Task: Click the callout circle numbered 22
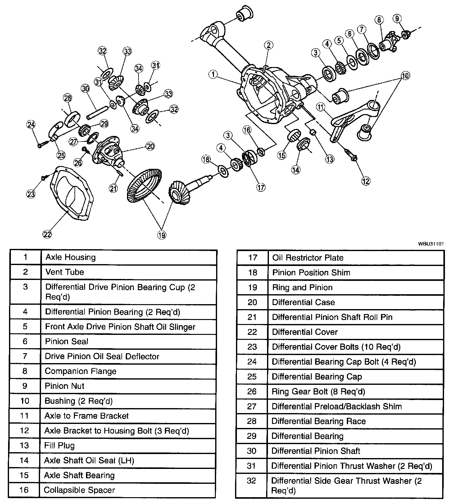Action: click(x=47, y=234)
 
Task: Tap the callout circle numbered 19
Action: click(x=161, y=235)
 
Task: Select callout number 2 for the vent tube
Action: click(x=269, y=45)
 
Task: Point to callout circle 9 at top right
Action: click(x=397, y=18)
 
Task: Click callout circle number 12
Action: click(x=366, y=181)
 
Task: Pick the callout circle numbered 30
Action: click(x=85, y=88)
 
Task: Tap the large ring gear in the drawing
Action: click(x=145, y=186)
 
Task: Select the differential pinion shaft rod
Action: click(x=97, y=112)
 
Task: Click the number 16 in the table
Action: click(x=24, y=490)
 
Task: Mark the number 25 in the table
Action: click(x=252, y=376)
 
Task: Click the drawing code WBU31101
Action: click(x=431, y=244)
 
